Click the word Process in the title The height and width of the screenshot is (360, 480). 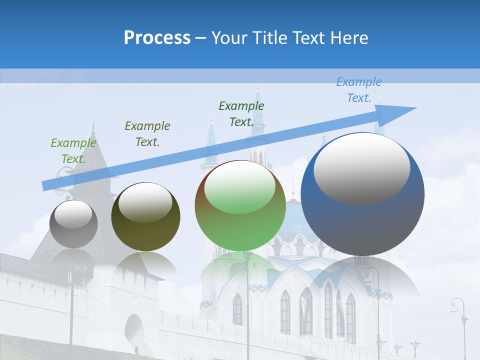point(157,38)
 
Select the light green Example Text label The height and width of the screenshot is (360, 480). point(73,151)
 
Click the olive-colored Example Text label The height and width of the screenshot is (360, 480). point(147,134)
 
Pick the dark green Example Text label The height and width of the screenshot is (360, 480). point(241,114)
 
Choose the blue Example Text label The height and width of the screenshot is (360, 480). point(359,90)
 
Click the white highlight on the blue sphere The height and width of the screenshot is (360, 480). point(362,168)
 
